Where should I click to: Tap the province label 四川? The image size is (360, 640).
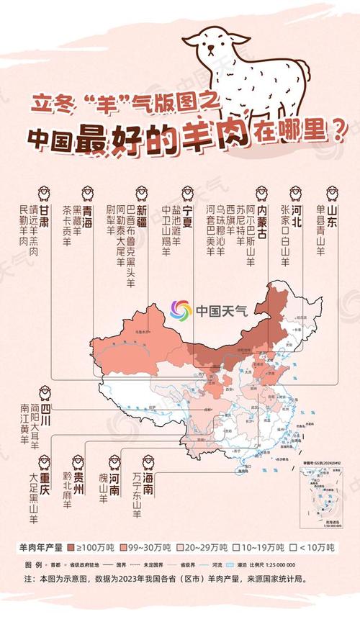point(45,410)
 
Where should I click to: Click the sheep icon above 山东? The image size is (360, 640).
point(332,192)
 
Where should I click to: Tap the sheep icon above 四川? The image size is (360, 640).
point(45,392)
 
